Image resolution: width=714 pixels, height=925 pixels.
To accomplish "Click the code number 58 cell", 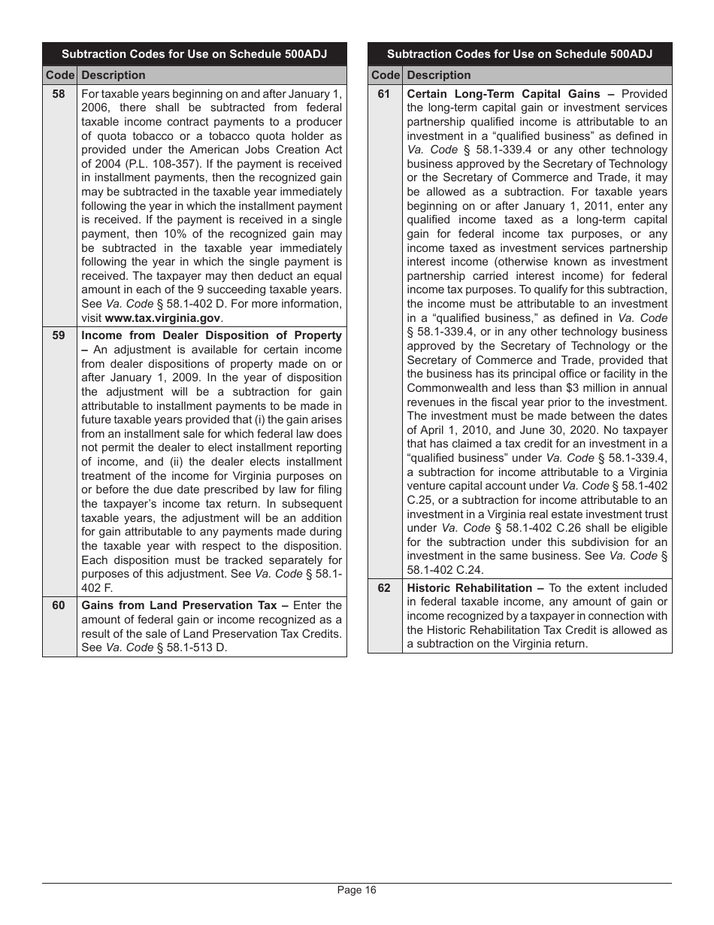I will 59,94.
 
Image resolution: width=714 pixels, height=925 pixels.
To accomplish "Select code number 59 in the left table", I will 59,335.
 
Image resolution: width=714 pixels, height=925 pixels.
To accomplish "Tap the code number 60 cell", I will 59,605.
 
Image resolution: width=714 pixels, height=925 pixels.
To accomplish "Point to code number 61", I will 384,94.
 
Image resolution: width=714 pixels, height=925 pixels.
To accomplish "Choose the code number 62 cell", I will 384,588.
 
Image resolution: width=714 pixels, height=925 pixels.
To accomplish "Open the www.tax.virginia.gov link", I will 163,317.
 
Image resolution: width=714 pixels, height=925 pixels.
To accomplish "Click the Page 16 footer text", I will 356,890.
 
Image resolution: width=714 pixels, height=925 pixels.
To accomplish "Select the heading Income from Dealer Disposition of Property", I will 211,335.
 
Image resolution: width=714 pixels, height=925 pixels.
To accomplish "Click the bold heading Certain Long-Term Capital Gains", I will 504,94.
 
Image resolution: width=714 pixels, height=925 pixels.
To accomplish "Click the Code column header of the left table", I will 59,75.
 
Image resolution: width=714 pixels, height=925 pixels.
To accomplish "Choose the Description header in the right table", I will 439,75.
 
